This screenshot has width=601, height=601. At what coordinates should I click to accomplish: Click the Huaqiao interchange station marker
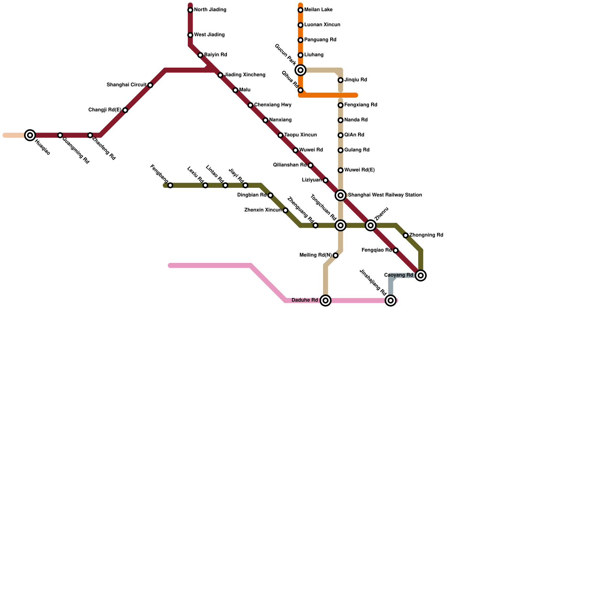pos(30,135)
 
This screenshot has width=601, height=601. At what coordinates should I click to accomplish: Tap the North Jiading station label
pos(210,10)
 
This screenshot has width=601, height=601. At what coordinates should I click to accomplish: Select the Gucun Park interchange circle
pos(300,70)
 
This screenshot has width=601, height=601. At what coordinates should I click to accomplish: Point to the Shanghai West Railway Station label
pos(385,195)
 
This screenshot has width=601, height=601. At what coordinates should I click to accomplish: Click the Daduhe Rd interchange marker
pos(326,300)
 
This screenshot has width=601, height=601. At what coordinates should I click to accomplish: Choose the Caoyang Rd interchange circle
pos(421,276)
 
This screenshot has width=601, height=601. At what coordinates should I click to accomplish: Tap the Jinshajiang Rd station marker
pos(391,300)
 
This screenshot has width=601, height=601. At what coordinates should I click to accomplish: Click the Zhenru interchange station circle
pos(371,225)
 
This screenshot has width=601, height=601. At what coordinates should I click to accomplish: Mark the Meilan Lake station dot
pos(300,10)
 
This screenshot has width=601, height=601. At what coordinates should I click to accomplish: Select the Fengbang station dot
pos(170,186)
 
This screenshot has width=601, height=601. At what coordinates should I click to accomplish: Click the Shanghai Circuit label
pos(126,85)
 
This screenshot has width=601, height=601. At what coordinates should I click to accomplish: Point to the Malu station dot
pos(235,90)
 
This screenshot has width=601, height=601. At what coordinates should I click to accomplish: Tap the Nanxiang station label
pos(280,120)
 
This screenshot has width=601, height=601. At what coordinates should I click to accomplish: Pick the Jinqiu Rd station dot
pos(340,80)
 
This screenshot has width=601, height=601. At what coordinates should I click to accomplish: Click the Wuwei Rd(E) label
pos(359,170)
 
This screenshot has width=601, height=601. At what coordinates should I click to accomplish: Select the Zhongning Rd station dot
pos(406,236)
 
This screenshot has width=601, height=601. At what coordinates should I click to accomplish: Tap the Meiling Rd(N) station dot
pos(335,256)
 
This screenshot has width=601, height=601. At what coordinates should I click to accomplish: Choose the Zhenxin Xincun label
pos(263,210)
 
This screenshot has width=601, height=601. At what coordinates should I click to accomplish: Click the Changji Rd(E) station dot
pos(125,110)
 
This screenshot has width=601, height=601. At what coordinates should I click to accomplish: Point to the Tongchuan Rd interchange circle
pos(341,225)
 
